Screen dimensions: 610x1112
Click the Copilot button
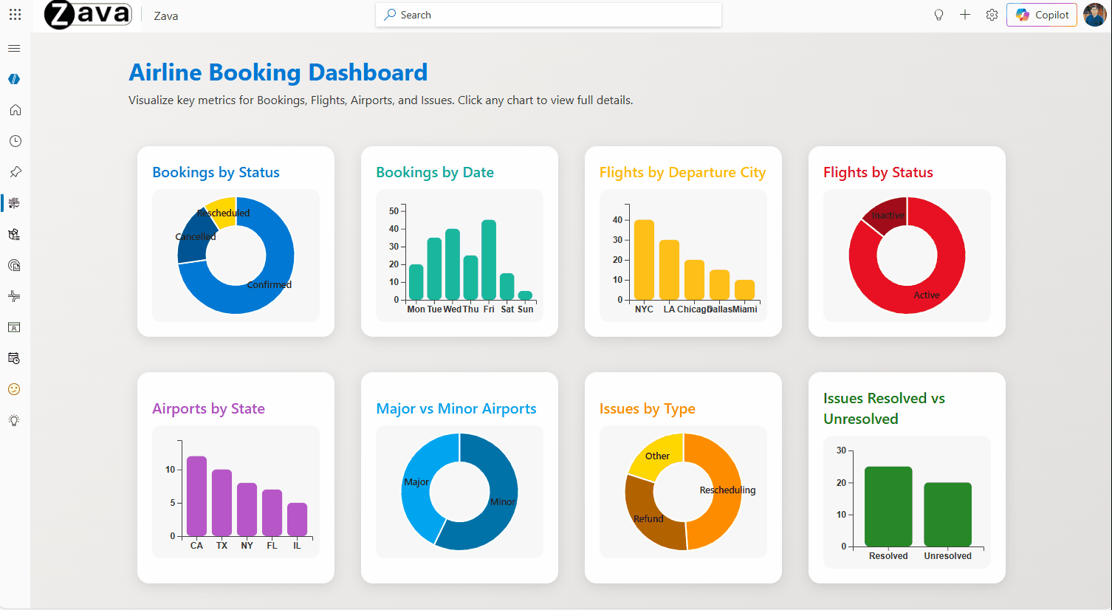pos(1042,15)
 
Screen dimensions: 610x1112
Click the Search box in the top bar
pos(548,15)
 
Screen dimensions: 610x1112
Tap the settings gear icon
pos(992,15)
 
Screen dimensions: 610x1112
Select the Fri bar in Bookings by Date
pos(489,259)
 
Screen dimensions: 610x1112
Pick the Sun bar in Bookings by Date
pos(525,295)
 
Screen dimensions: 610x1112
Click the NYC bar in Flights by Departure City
pos(644,259)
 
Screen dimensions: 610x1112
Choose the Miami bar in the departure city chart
pos(744,289)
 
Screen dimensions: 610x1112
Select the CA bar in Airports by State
pos(196,496)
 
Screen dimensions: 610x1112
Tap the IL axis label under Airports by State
pos(297,546)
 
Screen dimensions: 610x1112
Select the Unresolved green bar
pos(947,514)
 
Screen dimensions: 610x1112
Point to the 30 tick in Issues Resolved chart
pos(841,450)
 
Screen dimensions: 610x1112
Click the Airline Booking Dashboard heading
pos(278,72)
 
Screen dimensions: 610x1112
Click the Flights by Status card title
pos(878,172)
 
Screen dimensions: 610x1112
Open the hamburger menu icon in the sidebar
pos(14,49)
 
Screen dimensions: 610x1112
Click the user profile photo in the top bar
pos(1094,15)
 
